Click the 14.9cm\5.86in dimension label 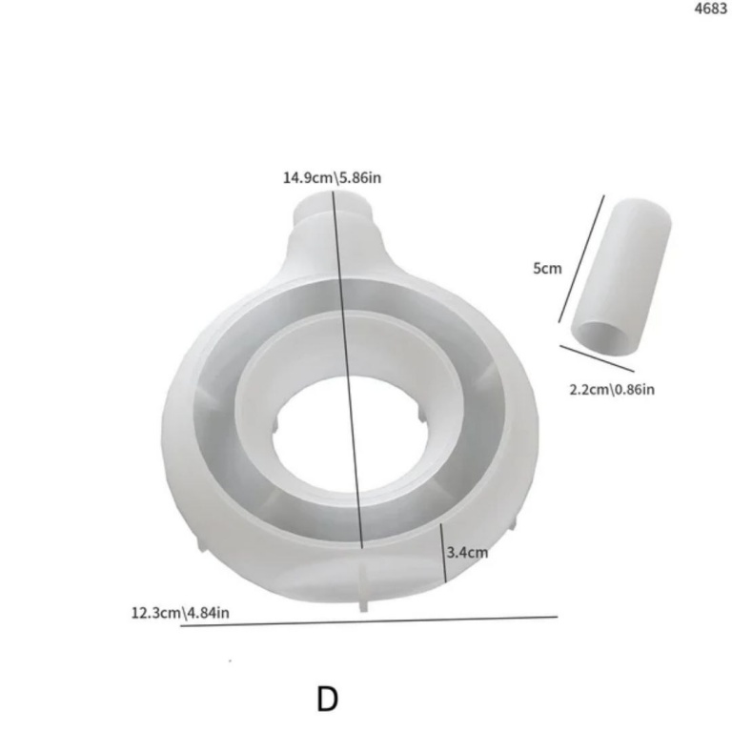332,178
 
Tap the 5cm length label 547,269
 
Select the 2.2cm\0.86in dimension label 612,389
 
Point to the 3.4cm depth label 467,553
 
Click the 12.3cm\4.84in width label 180,613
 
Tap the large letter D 327,700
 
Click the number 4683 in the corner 710,9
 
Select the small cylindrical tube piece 620,277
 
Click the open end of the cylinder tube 601,337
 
